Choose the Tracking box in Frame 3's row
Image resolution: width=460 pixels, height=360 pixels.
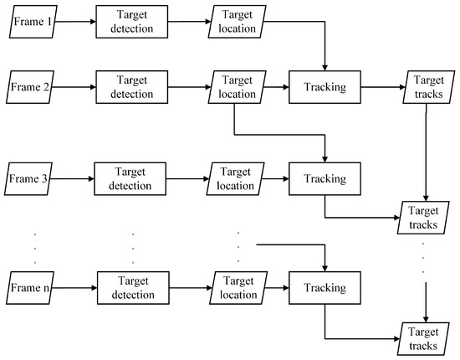coord(325,178)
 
